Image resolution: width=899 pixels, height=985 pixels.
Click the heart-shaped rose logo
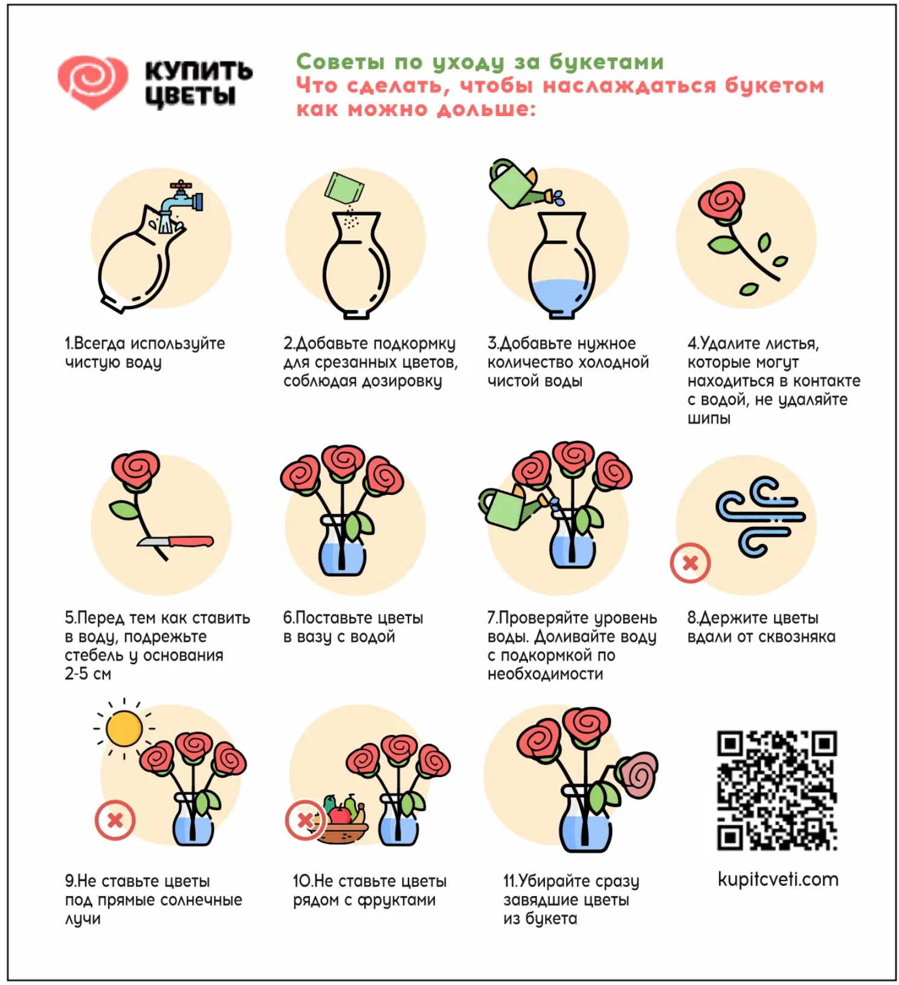(x=92, y=82)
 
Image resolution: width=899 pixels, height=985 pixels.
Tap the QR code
(x=777, y=790)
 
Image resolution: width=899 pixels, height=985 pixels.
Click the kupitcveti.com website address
(x=778, y=879)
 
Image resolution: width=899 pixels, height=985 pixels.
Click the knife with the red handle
(x=176, y=541)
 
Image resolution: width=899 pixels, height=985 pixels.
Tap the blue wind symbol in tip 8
(x=760, y=517)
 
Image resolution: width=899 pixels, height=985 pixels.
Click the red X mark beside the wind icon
(x=690, y=563)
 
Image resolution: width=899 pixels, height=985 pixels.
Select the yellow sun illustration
(x=124, y=728)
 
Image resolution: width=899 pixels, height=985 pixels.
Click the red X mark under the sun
(x=115, y=820)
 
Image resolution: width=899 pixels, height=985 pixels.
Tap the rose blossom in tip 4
(x=721, y=201)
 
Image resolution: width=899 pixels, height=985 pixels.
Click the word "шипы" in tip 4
(x=709, y=418)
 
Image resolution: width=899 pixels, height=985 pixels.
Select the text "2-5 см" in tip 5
(x=88, y=674)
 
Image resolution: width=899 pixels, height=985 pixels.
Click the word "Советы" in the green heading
(x=340, y=62)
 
